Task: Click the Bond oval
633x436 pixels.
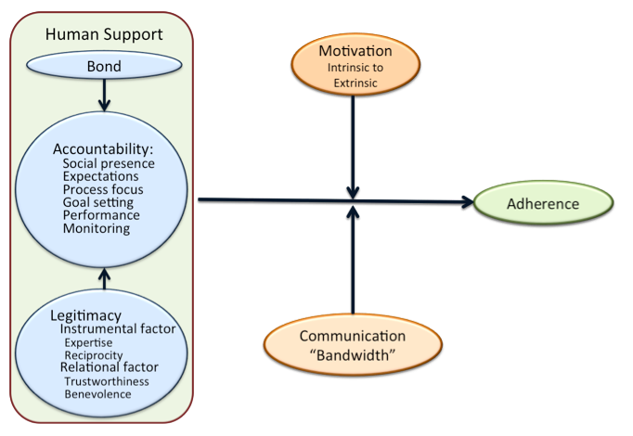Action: (105, 67)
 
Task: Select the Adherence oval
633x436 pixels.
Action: (542, 203)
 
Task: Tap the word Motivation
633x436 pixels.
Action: (355, 52)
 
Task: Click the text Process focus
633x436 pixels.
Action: (105, 189)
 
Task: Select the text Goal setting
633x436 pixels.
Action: (97, 202)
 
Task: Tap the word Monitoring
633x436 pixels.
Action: (97, 228)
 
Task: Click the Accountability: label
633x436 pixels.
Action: (102, 148)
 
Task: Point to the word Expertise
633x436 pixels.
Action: (89, 342)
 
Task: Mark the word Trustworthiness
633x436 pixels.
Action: (107, 381)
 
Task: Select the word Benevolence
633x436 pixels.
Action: (97, 394)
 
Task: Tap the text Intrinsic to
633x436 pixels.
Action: (355, 68)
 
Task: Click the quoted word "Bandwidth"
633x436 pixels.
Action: (352, 352)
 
